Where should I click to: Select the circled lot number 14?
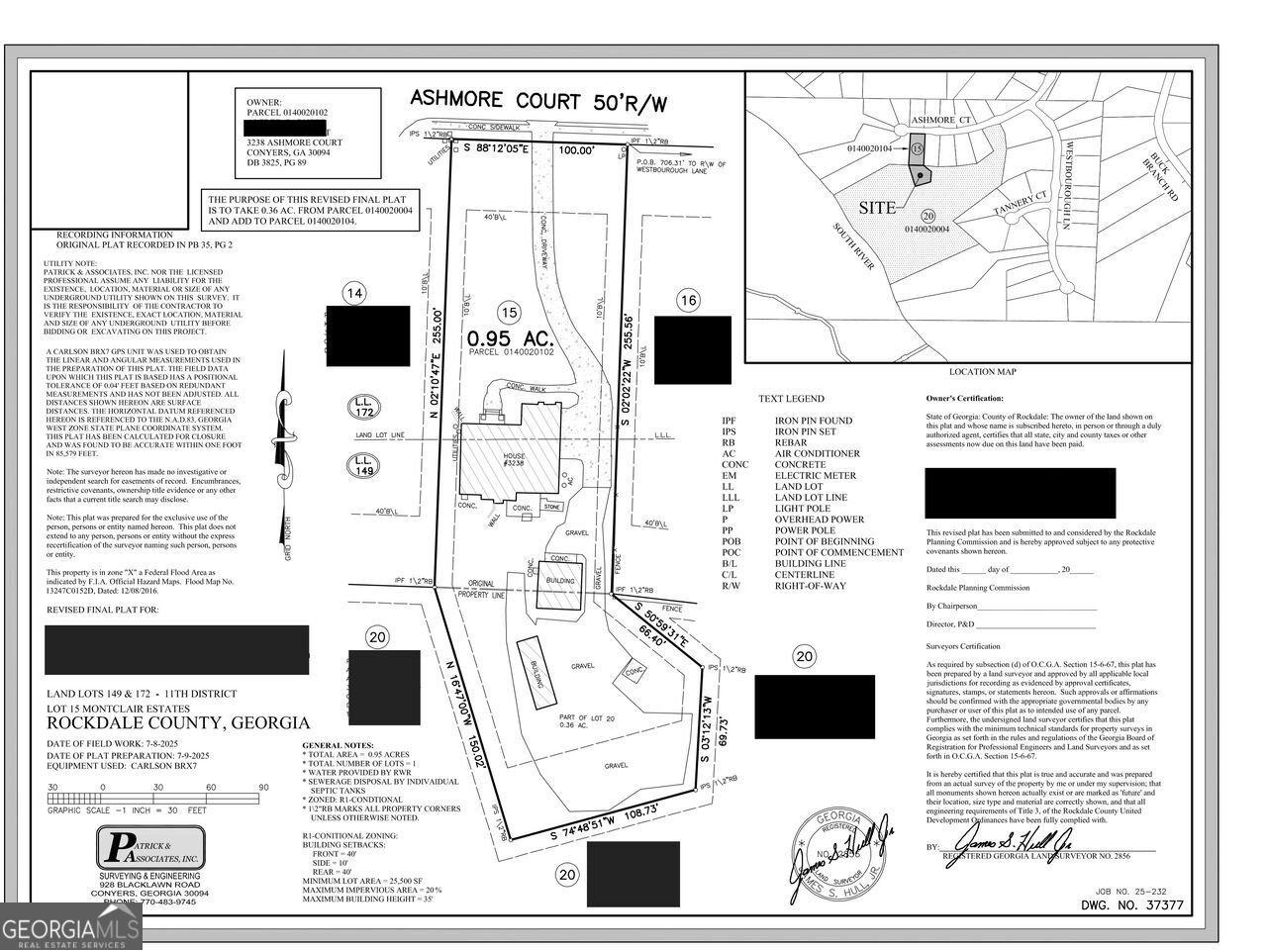[x=354, y=292]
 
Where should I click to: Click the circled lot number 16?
[x=690, y=300]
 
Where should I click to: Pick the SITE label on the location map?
[x=877, y=208]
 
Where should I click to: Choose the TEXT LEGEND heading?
[x=791, y=399]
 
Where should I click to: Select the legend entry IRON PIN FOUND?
[x=814, y=421]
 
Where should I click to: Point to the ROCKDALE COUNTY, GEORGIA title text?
[x=178, y=723]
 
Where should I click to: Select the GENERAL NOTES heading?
[x=338, y=744]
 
